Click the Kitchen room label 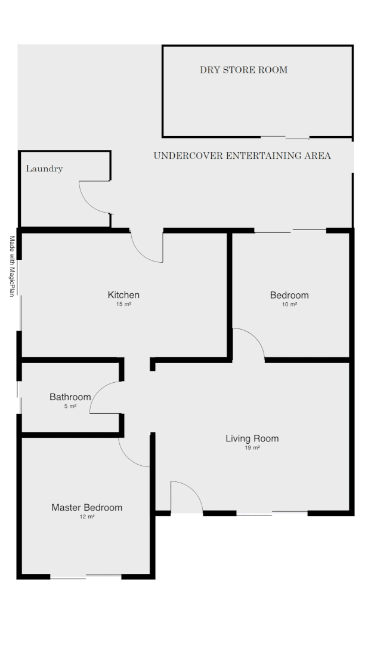pyautogui.click(x=123, y=295)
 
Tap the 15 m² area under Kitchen pyautogui.click(x=123, y=305)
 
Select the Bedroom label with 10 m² pyautogui.click(x=289, y=295)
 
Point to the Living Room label pyautogui.click(x=252, y=439)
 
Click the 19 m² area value pyautogui.click(x=252, y=448)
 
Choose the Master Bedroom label pyautogui.click(x=86, y=508)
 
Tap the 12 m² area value pyautogui.click(x=86, y=517)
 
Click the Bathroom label pyautogui.click(x=70, y=397)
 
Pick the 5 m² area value pyautogui.click(x=70, y=406)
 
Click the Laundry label pyautogui.click(x=44, y=169)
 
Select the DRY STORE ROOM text pyautogui.click(x=243, y=70)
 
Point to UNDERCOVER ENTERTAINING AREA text pyautogui.click(x=242, y=156)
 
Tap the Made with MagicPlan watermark pyautogui.click(x=11, y=266)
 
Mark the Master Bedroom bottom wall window pyautogui.click(x=86, y=576)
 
